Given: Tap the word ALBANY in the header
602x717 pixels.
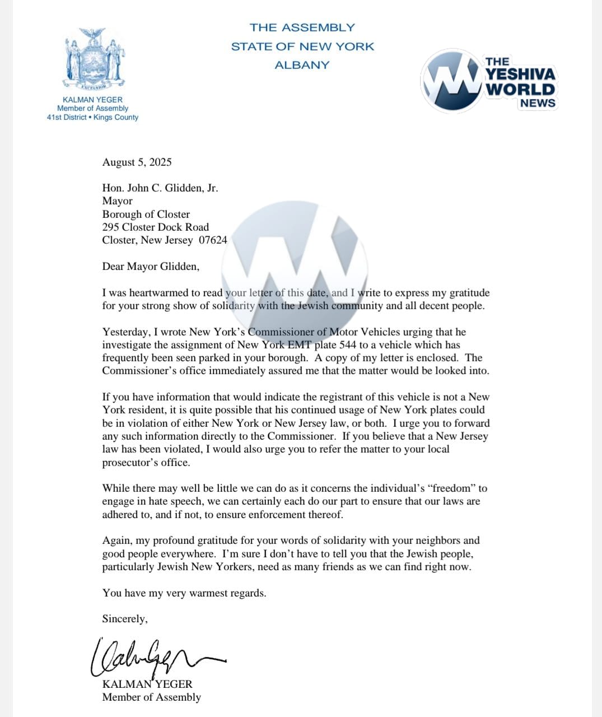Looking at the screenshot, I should (x=302, y=65).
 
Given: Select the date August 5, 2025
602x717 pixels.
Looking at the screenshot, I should (x=137, y=162).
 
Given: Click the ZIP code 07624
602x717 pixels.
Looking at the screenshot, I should (x=213, y=240).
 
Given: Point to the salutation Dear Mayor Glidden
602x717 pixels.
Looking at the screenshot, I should (x=151, y=267).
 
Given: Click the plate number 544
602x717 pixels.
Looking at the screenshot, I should (x=347, y=345).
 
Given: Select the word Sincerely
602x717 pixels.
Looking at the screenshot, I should (x=125, y=619).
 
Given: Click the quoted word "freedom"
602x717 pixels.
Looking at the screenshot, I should (x=455, y=488).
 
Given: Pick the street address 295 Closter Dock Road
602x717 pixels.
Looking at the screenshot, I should (x=155, y=227).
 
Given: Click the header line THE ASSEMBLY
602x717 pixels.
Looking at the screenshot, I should (x=302, y=27).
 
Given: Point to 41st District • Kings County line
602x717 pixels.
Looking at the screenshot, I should (x=92, y=118).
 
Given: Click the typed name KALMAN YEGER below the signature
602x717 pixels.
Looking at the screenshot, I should (x=147, y=685).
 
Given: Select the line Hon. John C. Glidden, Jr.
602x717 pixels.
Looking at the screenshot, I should (x=160, y=188).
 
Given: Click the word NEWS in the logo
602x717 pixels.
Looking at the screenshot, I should (x=537, y=103).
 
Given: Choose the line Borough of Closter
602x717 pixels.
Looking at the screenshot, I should (x=146, y=215).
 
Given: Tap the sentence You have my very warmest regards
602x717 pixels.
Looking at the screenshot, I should (x=184, y=593).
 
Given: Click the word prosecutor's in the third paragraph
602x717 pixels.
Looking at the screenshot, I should (x=127, y=463).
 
